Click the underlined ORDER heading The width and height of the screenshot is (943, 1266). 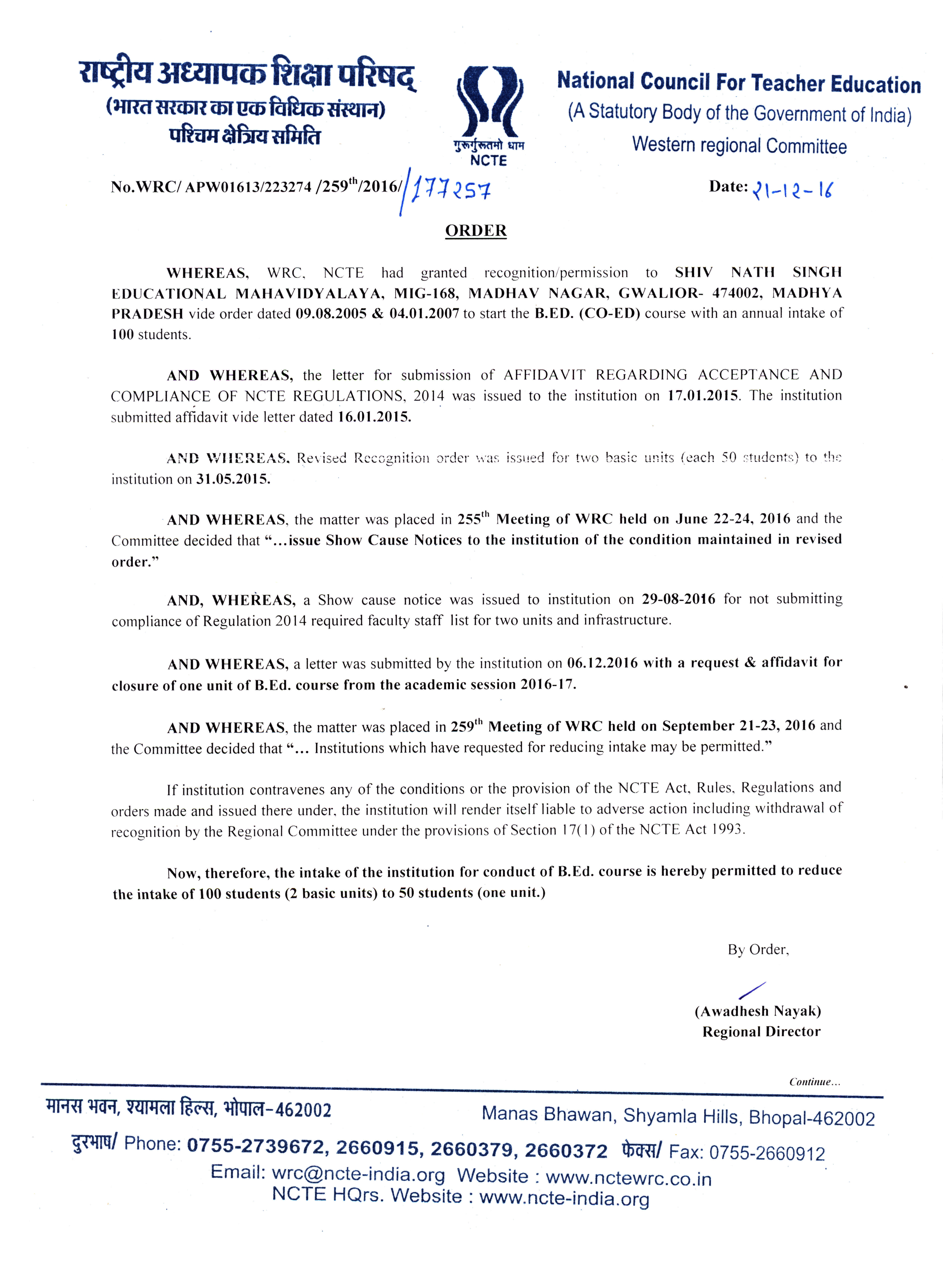click(x=476, y=231)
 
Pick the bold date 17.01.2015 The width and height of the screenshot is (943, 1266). click(x=703, y=396)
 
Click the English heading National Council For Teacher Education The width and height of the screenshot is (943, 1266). click(x=739, y=83)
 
